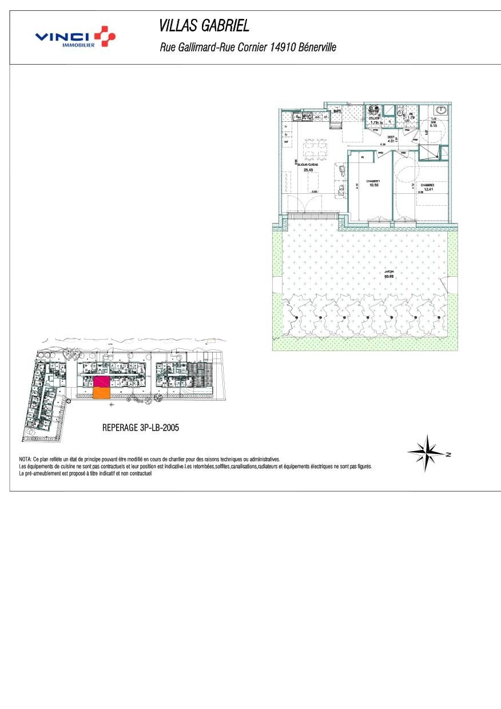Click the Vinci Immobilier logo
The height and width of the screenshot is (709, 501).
coord(75,37)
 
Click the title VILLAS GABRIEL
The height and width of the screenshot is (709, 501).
coord(204,26)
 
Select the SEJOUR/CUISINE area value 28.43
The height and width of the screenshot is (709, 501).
coord(308,170)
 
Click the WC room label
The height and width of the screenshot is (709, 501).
coord(411,114)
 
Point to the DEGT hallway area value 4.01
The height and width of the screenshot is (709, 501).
coord(391,141)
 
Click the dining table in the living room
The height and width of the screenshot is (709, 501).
coord(313,150)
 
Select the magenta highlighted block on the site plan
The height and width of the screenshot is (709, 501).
coord(101,381)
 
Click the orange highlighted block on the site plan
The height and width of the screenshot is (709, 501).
coord(101,393)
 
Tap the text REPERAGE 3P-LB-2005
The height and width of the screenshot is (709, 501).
coord(140,427)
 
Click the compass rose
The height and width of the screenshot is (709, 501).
coord(426,452)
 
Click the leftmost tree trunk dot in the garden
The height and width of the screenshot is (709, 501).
coord(296,317)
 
